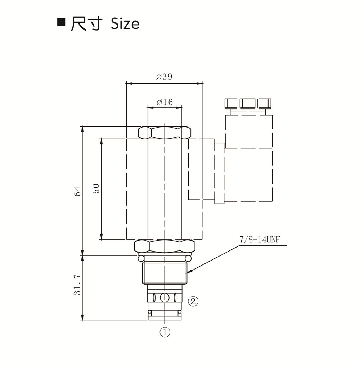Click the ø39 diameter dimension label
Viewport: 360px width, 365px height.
pos(164,77)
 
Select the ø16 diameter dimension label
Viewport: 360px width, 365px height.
pos(165,102)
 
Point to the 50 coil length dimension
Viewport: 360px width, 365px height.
pos(96,188)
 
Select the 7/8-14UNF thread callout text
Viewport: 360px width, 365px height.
pos(260,240)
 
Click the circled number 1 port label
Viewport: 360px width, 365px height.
pos(165,332)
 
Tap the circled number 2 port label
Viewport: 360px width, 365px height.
pos(193,301)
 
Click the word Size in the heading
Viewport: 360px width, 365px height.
pos(125,24)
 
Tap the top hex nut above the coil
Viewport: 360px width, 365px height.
pos(165,133)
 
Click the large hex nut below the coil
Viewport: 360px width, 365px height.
pos(165,247)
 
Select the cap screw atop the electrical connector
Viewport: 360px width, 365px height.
pos(248,103)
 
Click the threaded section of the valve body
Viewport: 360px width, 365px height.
pos(165,273)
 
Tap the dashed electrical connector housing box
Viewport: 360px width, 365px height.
pos(248,158)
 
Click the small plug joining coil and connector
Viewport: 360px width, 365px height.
pos(219,173)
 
